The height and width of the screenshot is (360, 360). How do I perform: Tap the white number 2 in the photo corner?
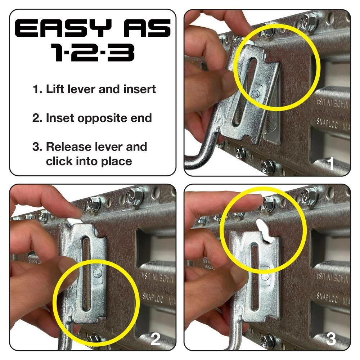coord(156,339)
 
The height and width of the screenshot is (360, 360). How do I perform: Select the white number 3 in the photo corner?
coord(331,339)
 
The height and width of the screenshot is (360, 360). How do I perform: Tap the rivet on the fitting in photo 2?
coord(97,273)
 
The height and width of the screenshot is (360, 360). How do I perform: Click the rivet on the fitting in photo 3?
coord(266,276)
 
